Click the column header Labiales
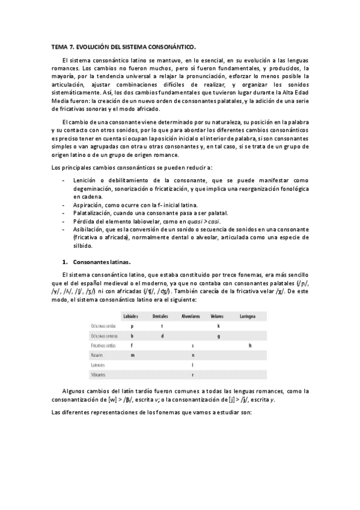pos(131,316)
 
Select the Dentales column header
pos(160,316)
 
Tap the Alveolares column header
pos(191,316)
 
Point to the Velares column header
pos(217,316)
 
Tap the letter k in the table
pos(219,326)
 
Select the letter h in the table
pos(250,345)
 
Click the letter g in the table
pos(219,336)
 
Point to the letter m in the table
pos(132,355)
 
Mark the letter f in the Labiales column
pos(132,346)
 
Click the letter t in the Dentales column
pos(162,326)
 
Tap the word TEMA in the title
pos(59,45)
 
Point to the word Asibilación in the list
pos(89,229)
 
